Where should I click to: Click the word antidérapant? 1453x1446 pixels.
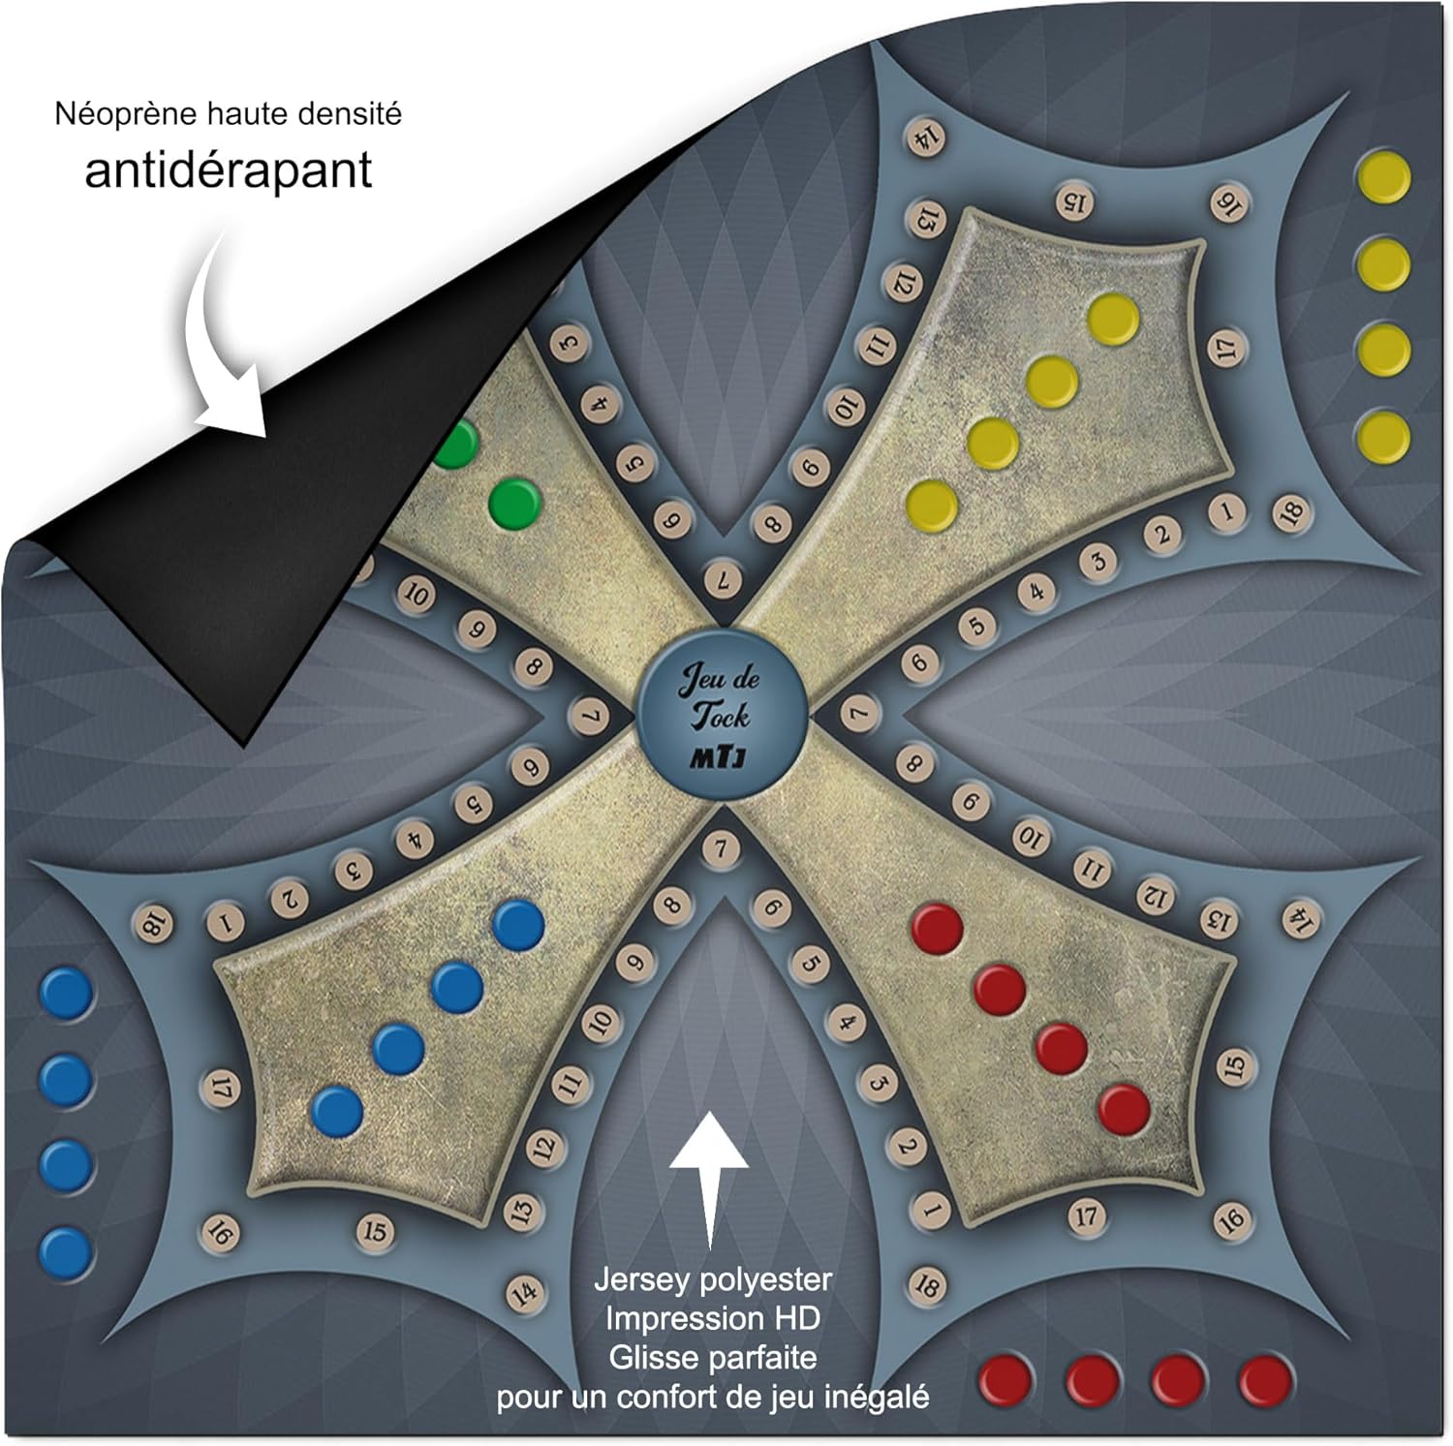229,170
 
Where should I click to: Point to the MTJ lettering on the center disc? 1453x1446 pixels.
718,757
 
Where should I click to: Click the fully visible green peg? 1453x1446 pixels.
514,504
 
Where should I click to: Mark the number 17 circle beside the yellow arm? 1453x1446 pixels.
1227,348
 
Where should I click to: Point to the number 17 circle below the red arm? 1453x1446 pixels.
1087,1215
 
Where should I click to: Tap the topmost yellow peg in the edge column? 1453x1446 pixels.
1383,178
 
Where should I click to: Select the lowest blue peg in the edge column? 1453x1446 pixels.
67,1253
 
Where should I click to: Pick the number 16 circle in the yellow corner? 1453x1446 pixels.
1226,203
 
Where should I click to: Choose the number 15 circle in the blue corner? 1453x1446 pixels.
375,1232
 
